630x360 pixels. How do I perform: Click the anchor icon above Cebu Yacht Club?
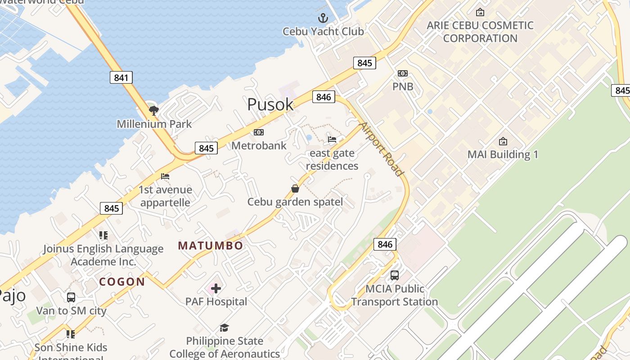coord(323,18)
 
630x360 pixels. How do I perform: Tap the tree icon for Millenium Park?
coord(154,110)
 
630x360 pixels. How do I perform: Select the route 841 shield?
coord(121,77)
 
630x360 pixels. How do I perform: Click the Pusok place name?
coord(270,104)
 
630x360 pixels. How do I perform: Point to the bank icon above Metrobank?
coord(259,132)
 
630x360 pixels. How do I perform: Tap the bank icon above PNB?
coord(403,73)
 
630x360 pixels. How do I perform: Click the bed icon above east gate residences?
coord(332,139)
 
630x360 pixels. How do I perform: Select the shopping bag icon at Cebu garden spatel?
coord(295,189)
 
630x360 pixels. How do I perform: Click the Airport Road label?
coord(381,148)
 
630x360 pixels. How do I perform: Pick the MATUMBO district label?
coord(211,246)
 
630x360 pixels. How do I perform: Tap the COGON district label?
coord(122,282)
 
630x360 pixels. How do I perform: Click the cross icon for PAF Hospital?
coord(216,288)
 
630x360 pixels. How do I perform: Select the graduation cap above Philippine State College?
coord(224,328)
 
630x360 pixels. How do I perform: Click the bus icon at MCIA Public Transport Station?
coord(394,275)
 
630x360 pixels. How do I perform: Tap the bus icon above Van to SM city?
coord(71,297)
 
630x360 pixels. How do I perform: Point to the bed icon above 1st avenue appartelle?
coord(165,176)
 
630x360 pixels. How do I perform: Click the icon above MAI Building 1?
coord(503,141)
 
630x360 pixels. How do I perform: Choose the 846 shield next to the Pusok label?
coord(324,97)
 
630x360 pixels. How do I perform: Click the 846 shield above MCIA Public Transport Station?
coord(385,244)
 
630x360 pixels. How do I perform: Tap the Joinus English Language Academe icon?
coord(103,235)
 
